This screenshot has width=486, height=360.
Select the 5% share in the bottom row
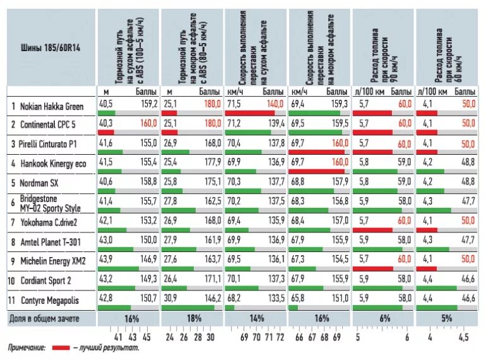[x=446, y=319]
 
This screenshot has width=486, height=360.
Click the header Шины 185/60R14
[x=40, y=46]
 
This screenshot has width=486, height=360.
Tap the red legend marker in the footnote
[x=61, y=348]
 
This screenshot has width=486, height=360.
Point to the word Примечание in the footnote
[x=27, y=348]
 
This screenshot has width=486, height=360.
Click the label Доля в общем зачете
[x=44, y=319]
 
